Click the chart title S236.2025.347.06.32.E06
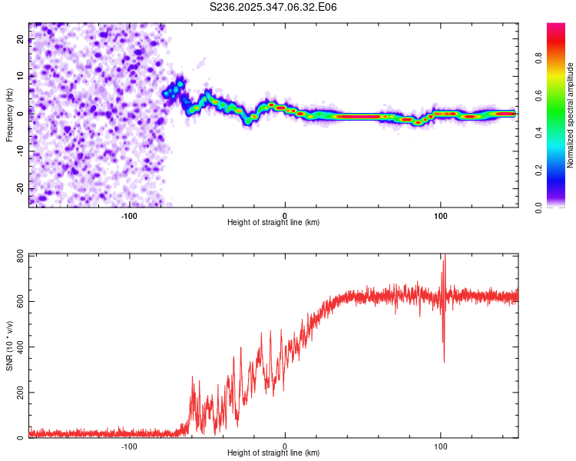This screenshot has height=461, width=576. [x=274, y=7]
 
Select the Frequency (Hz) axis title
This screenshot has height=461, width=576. [x=9, y=114]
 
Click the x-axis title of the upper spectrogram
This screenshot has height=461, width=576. [x=273, y=223]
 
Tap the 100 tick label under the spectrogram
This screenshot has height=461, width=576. [x=441, y=215]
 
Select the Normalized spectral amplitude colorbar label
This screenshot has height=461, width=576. [x=570, y=115]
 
